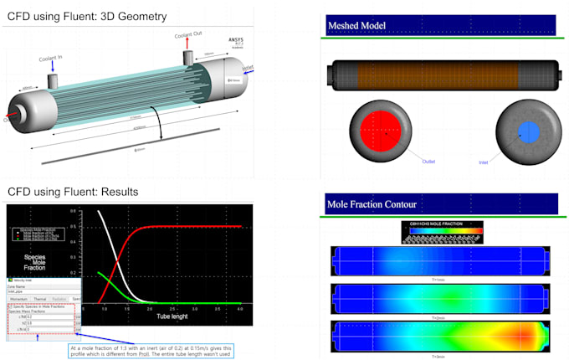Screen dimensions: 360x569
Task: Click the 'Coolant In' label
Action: click(50, 59)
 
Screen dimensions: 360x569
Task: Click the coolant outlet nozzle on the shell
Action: click(188, 59)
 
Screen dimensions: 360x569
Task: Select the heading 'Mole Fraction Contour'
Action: click(372, 203)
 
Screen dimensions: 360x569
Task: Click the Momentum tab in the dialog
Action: click(20, 298)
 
